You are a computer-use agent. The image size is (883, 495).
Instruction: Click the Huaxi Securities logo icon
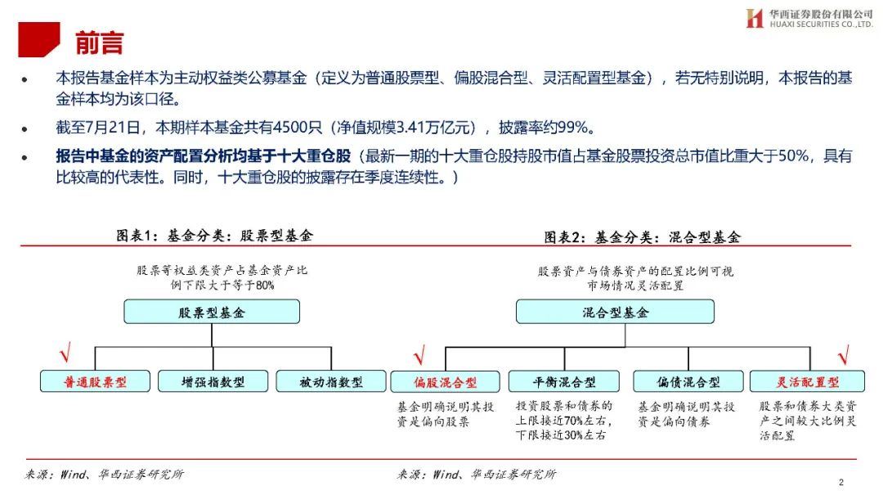click(x=754, y=18)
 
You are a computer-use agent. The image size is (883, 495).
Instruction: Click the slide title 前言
click(x=99, y=42)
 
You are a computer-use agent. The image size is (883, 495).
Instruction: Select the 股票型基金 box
click(x=212, y=312)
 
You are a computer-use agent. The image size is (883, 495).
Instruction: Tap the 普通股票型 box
click(x=96, y=381)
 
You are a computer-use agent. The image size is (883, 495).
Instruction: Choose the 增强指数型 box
click(x=212, y=381)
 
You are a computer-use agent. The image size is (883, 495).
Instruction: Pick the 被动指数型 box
click(x=330, y=381)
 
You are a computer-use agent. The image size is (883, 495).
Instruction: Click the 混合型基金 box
click(x=615, y=312)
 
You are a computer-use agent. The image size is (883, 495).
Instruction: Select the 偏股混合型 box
click(x=445, y=382)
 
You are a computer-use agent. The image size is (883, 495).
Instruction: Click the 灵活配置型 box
click(x=807, y=382)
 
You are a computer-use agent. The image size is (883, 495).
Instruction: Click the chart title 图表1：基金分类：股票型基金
click(x=214, y=236)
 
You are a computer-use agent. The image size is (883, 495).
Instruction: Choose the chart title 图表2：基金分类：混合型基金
click(x=642, y=237)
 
